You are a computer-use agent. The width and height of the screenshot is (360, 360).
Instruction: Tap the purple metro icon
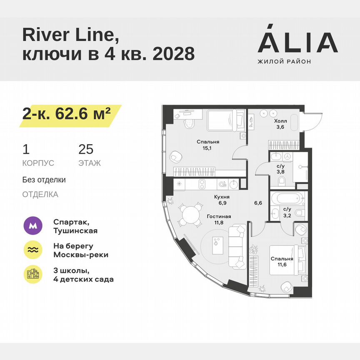click(x=33, y=226)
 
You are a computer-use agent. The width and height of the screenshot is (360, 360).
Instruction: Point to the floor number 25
click(x=86, y=150)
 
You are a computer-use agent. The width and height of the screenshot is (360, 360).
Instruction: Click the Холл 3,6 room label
click(x=280, y=125)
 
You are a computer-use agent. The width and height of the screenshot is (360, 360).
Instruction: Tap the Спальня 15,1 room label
click(x=208, y=145)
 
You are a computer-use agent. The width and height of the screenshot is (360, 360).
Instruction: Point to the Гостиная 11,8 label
click(x=219, y=220)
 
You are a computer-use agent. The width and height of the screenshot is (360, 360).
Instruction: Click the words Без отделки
click(x=44, y=180)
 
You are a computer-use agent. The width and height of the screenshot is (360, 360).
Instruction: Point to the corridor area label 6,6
click(x=258, y=203)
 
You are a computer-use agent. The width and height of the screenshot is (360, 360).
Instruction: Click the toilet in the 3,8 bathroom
click(x=282, y=180)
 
